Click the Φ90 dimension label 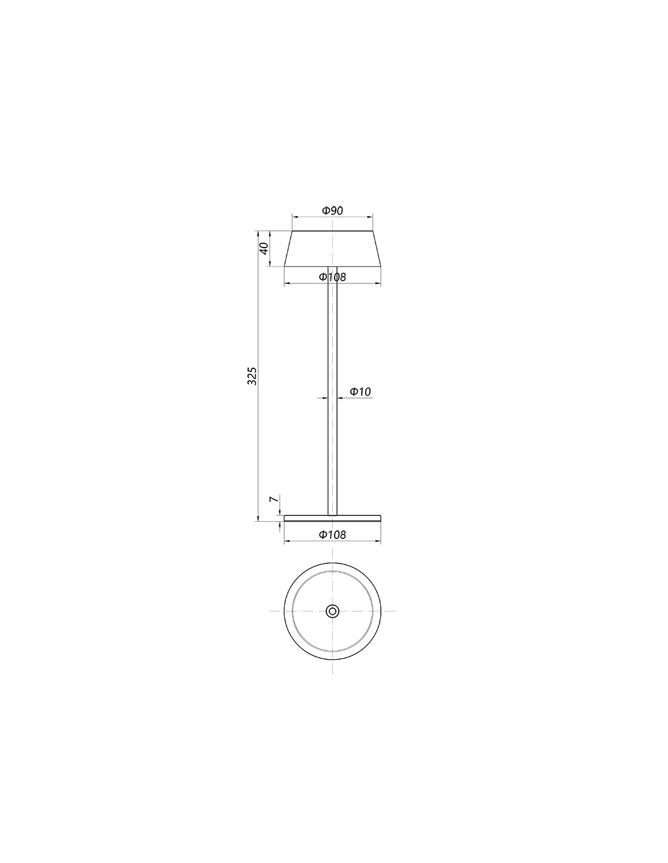click(x=332, y=211)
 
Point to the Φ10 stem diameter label click(x=360, y=391)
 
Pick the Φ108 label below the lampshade click(x=332, y=277)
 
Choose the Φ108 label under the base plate click(x=332, y=535)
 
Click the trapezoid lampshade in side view click(x=332, y=248)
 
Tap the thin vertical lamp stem click(x=332, y=391)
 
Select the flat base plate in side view click(x=332, y=518)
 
